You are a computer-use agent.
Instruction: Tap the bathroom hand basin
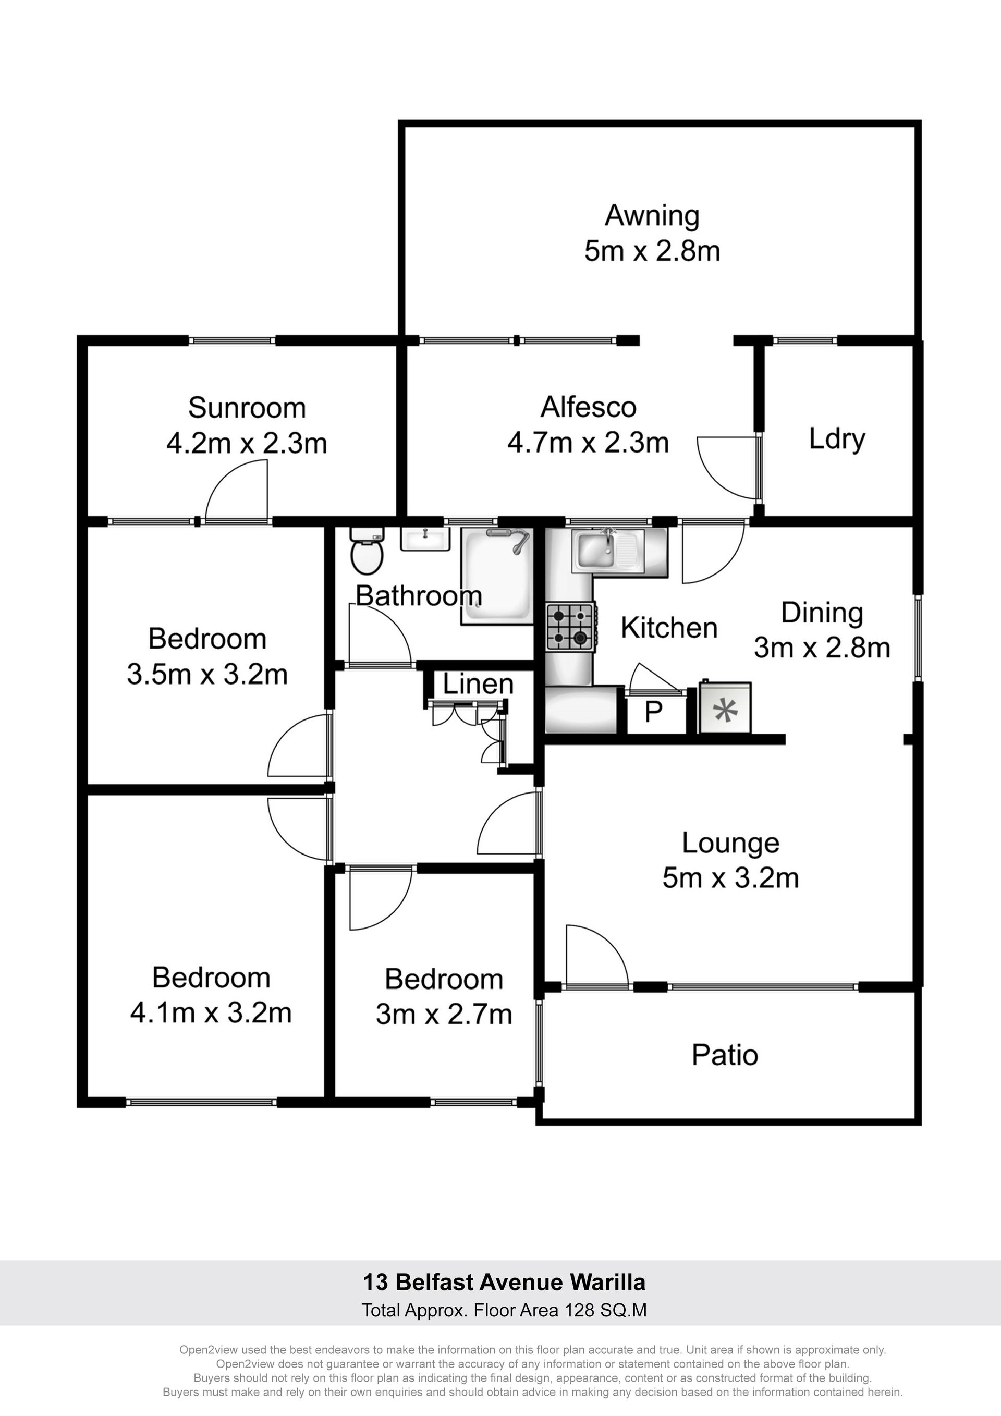pos(425,539)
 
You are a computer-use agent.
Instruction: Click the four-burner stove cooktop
pos(570,627)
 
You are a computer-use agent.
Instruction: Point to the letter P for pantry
pos(654,712)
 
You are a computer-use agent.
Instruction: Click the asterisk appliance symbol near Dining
pos(725,711)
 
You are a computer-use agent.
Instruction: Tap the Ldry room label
pos(837,439)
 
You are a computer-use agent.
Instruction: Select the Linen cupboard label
pos(478,684)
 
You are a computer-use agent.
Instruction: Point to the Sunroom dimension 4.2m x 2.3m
pos(247,444)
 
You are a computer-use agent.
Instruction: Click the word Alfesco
pos(589,407)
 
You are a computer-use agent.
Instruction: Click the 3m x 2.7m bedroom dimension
pos(444,1015)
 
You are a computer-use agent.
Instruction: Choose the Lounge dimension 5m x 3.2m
pos(731,877)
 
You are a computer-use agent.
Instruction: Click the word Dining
pos(822,613)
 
